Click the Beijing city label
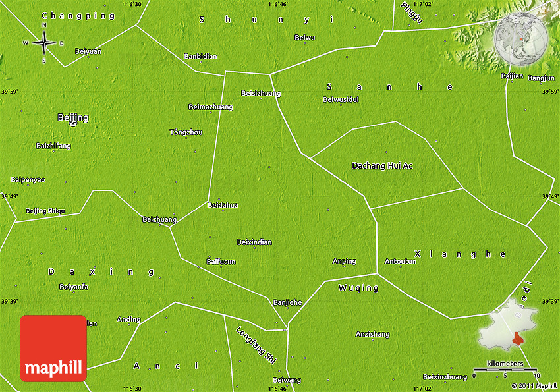click(x=72, y=118)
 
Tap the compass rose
click(x=44, y=43)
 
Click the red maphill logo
click(x=53, y=349)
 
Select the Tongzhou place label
click(x=186, y=132)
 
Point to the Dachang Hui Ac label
click(x=382, y=165)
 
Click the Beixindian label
click(x=254, y=242)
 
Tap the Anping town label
click(x=344, y=261)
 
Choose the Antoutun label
click(x=401, y=261)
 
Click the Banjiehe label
click(x=287, y=302)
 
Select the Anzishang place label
click(x=372, y=334)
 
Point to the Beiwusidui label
click(x=341, y=99)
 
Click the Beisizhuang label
click(x=261, y=94)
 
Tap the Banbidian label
click(x=200, y=57)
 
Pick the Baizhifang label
click(x=53, y=145)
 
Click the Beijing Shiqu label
click(x=45, y=211)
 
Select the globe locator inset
click(x=521, y=38)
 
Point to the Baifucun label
click(x=221, y=262)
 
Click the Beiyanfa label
click(x=74, y=287)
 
